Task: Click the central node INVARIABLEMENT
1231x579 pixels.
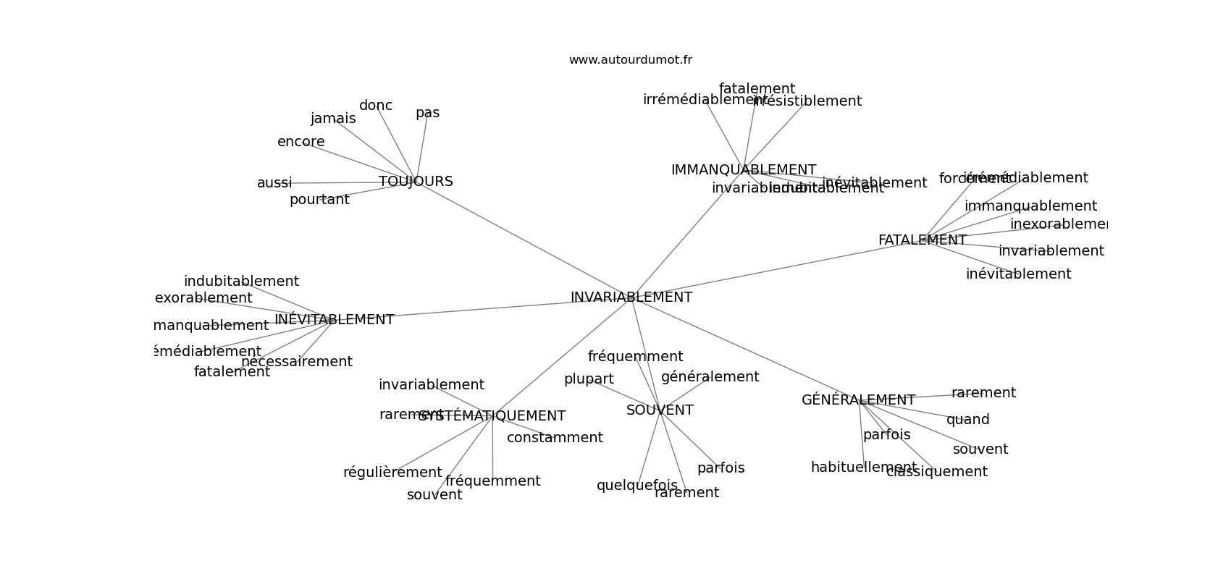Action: tap(631, 297)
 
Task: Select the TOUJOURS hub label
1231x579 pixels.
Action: tap(416, 182)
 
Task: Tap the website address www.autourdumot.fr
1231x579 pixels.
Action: tap(630, 60)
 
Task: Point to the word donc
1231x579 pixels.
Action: tap(376, 106)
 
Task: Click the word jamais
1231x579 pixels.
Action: tap(333, 119)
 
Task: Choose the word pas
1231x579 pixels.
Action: tap(427, 113)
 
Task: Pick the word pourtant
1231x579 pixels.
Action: tap(319, 200)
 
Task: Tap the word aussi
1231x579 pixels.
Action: tap(274, 183)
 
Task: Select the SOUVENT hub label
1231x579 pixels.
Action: tap(660, 410)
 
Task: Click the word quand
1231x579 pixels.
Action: tap(967, 420)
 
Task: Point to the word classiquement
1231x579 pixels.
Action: tap(937, 472)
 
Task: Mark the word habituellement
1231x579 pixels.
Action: tap(863, 468)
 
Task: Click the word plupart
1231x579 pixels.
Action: tap(589, 379)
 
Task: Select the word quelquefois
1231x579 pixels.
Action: tap(637, 486)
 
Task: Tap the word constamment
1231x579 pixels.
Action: tap(555, 438)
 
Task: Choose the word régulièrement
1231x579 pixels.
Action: tap(392, 473)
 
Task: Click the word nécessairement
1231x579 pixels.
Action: tap(297, 362)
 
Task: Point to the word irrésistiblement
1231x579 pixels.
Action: tap(808, 101)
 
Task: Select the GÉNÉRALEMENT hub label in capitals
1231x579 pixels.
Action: tap(858, 400)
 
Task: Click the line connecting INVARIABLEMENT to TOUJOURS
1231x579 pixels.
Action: tap(521, 239)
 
